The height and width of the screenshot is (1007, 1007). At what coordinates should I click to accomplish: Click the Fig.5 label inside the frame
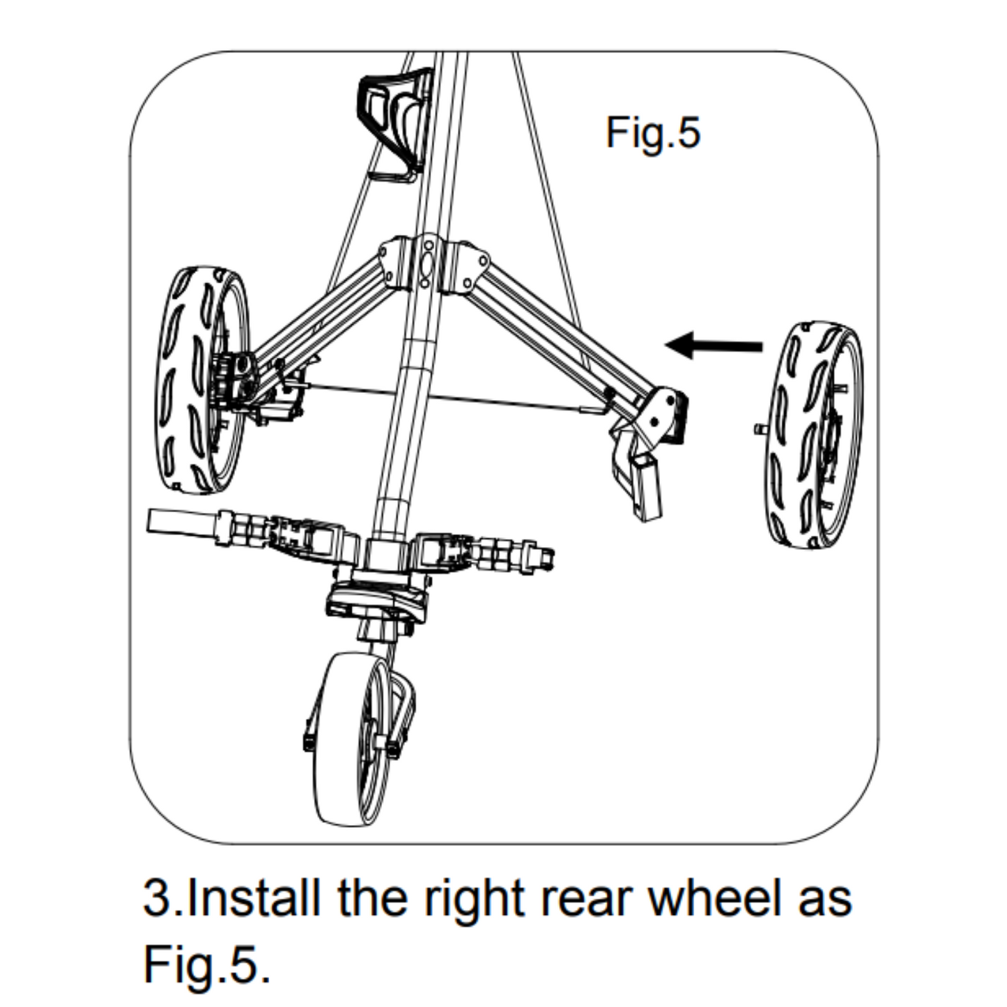point(652,132)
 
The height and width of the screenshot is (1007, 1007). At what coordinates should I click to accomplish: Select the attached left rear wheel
point(199,380)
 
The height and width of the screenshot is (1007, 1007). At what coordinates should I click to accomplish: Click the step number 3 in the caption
point(156,898)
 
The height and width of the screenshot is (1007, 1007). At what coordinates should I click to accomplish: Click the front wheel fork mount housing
point(376,599)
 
